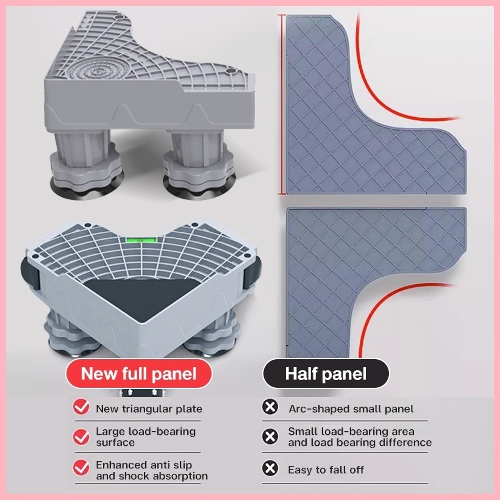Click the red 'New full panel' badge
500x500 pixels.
(x=138, y=373)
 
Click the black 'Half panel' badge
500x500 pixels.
(x=326, y=373)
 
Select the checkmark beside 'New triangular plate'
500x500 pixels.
(x=81, y=407)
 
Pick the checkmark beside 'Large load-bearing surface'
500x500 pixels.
(x=81, y=437)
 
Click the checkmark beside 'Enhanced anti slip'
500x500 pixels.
(x=81, y=467)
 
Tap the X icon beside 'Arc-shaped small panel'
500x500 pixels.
(x=270, y=407)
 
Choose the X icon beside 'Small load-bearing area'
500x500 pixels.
(x=270, y=436)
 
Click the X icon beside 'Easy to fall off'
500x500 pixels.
(x=270, y=468)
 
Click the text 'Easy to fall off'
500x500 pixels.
(x=326, y=470)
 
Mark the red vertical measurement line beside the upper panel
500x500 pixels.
(x=282, y=104)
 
